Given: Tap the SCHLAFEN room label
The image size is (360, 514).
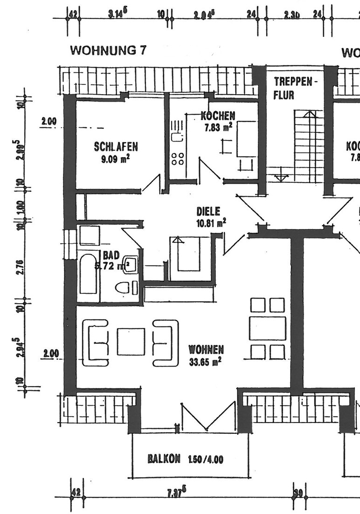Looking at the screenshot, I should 116,147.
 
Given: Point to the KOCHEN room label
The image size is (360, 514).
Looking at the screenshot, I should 218,116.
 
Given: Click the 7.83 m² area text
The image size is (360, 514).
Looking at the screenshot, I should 218,127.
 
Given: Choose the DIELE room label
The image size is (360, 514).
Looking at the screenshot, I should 208,211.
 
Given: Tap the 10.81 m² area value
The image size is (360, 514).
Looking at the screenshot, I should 211,222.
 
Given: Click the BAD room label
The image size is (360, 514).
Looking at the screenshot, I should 111,256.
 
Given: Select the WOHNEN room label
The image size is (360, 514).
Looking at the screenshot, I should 206,349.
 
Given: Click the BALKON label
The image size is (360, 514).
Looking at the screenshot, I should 164,458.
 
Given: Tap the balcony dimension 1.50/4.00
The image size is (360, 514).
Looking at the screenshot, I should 205,459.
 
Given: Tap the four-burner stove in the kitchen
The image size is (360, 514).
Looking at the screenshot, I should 177,159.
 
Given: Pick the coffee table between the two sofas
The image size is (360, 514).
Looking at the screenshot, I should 131,342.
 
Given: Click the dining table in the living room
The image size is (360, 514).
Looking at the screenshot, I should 268,328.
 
